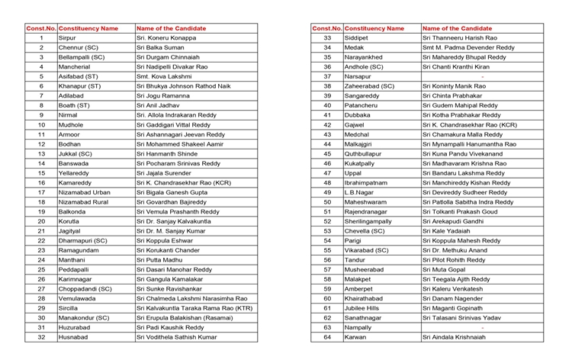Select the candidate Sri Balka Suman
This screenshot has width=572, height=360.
click(160, 47)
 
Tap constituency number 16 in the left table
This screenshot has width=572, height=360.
click(41, 182)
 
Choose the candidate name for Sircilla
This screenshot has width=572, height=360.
click(194, 308)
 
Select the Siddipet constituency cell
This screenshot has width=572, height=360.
click(356, 37)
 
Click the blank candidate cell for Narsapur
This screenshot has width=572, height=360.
click(482, 76)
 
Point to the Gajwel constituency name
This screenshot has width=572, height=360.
click(355, 124)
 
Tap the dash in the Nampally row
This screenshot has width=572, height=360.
click(482, 327)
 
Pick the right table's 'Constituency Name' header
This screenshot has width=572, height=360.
click(374, 28)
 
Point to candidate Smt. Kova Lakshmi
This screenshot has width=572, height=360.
click(164, 76)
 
